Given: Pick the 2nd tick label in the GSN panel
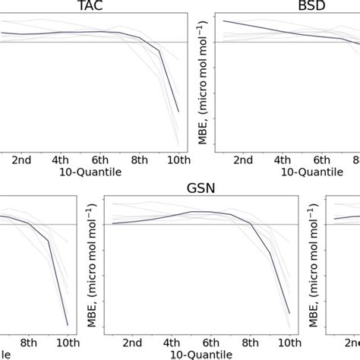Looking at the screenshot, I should tap(132, 343).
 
